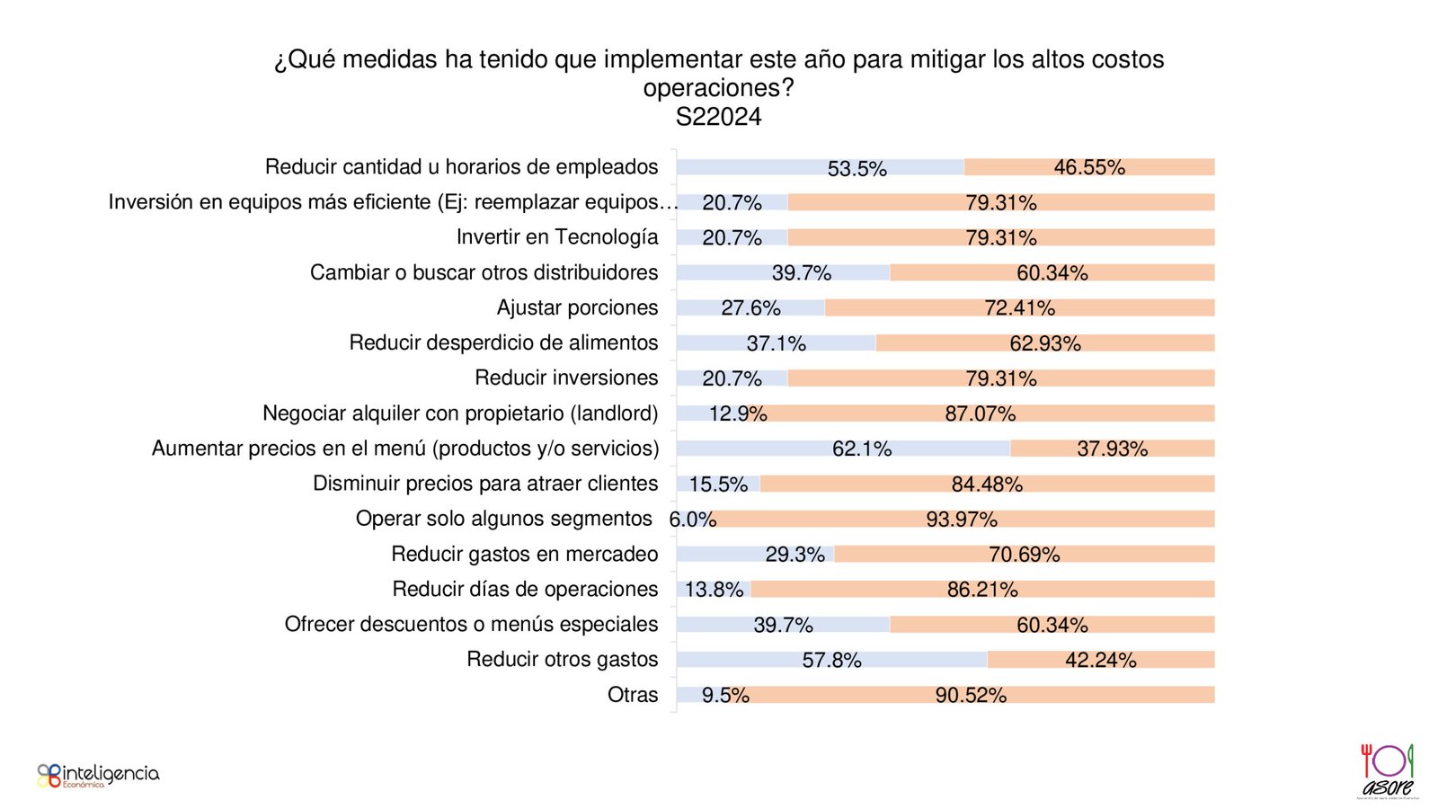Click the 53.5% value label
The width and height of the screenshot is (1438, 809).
tap(857, 168)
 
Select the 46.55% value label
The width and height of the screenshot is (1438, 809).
tap(1089, 167)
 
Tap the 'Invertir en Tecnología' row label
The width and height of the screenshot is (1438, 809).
tap(556, 237)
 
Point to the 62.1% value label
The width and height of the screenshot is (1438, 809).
tap(861, 449)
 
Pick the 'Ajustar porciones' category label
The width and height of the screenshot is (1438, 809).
tap(577, 307)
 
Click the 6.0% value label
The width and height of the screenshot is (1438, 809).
tap(692, 520)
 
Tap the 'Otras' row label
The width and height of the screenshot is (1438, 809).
tap(633, 695)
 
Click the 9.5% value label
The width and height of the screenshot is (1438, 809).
tap(724, 695)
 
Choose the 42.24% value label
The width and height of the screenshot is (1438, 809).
tap(1100, 660)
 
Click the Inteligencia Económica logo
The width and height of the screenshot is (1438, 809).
tap(98, 775)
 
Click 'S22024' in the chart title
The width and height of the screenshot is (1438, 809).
tap(718, 117)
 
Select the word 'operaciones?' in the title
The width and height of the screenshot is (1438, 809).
tap(718, 88)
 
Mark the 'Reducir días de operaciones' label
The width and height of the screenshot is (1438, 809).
tap(525, 590)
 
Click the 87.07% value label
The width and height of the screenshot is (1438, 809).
tap(980, 413)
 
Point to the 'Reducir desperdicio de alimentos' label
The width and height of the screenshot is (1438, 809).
tap(503, 342)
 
